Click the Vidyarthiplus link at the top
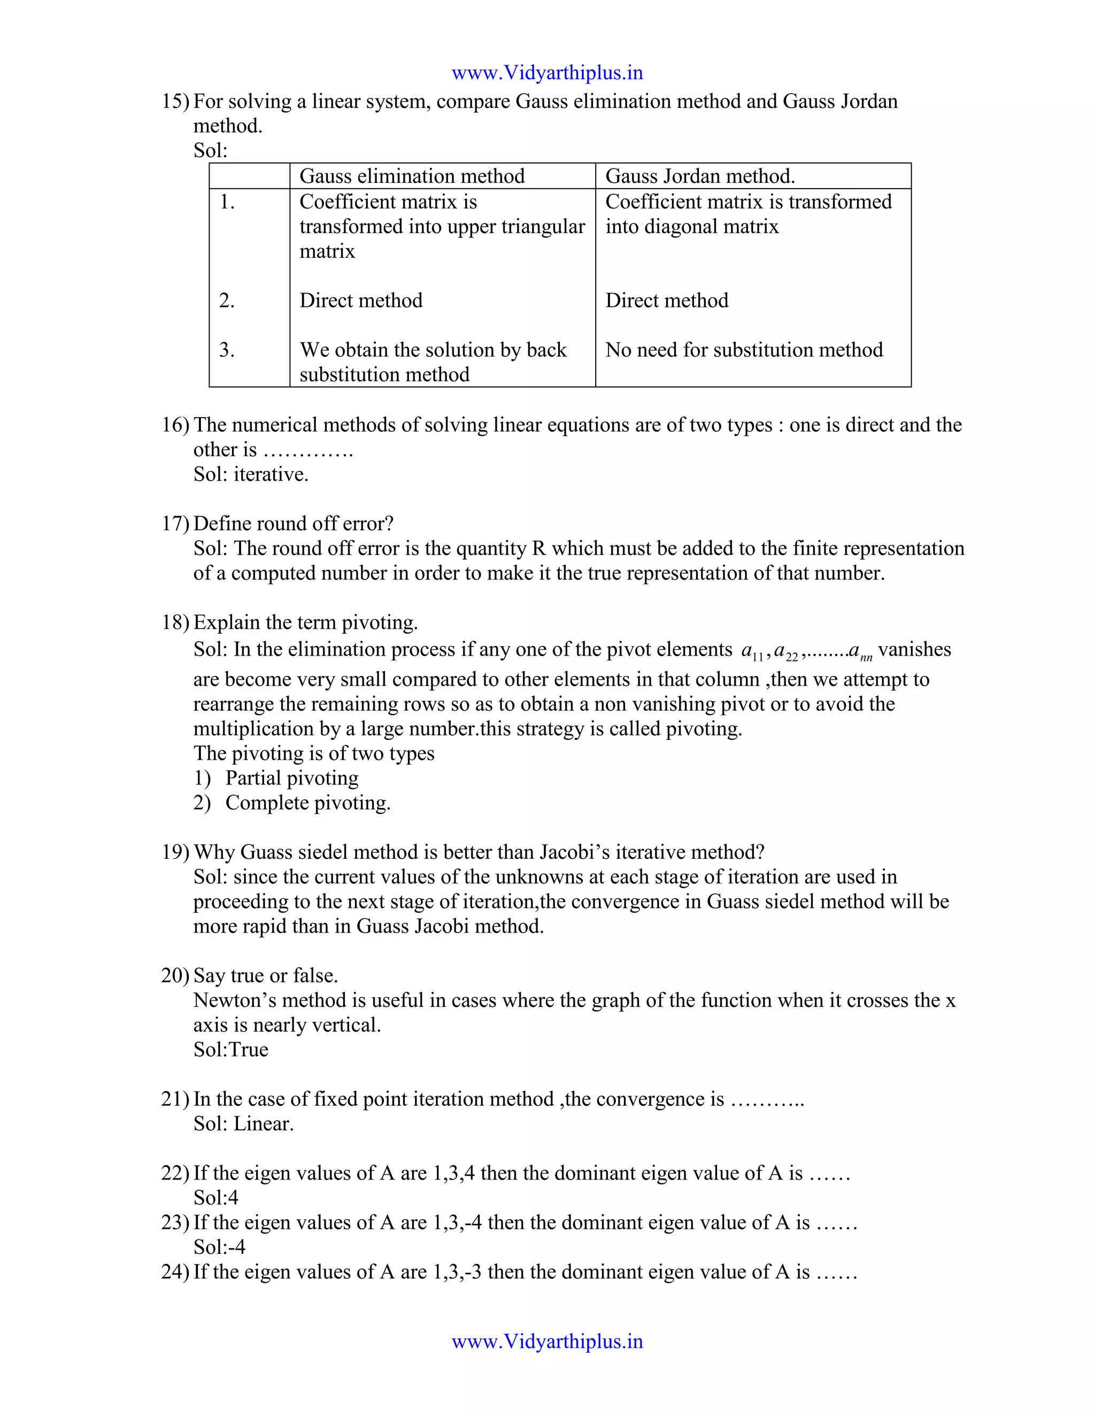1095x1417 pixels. coord(547,73)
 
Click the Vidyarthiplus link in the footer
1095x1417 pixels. coord(547,1341)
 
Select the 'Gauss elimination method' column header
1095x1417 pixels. coord(412,176)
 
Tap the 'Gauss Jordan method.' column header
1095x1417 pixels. coord(700,176)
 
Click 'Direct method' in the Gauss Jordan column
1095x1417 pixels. coord(666,301)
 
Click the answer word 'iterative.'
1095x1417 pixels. coord(271,475)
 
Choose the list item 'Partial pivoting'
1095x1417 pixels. coord(291,778)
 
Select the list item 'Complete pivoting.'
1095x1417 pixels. coord(307,803)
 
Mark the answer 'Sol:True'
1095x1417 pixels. coord(230,1050)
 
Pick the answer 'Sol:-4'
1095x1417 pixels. coord(219,1247)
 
